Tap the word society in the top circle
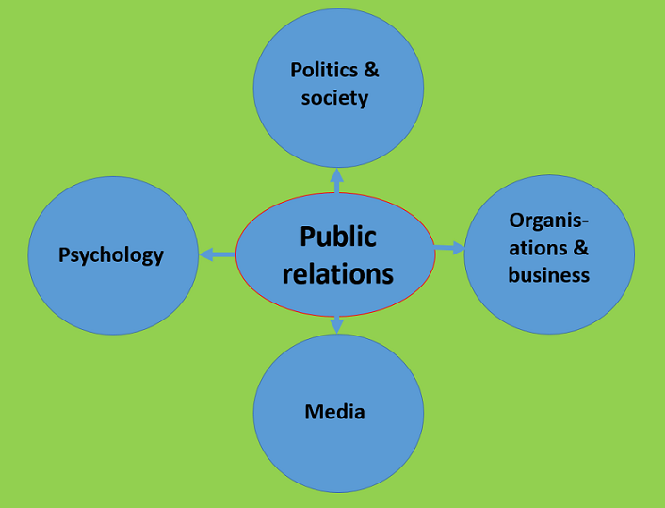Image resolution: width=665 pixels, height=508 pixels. pyautogui.click(x=334, y=97)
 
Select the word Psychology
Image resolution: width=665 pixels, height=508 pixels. pyautogui.click(x=111, y=254)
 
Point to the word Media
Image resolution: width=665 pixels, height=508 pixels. pyautogui.click(x=335, y=412)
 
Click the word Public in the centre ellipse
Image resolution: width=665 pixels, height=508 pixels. pyautogui.click(x=337, y=236)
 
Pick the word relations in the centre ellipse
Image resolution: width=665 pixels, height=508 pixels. pyautogui.click(x=337, y=273)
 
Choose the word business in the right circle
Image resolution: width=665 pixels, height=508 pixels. pyautogui.click(x=548, y=275)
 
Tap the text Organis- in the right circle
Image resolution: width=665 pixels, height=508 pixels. pyautogui.click(x=548, y=221)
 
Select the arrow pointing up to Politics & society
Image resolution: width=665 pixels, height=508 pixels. pyautogui.click(x=337, y=180)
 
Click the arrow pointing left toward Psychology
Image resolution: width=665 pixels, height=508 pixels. pyautogui.click(x=216, y=254)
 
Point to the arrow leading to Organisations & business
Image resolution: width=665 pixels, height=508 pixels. pyautogui.click(x=449, y=248)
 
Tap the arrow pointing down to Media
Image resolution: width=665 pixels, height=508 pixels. pyautogui.click(x=337, y=323)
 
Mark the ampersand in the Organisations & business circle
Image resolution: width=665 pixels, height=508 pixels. pyautogui.click(x=580, y=248)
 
